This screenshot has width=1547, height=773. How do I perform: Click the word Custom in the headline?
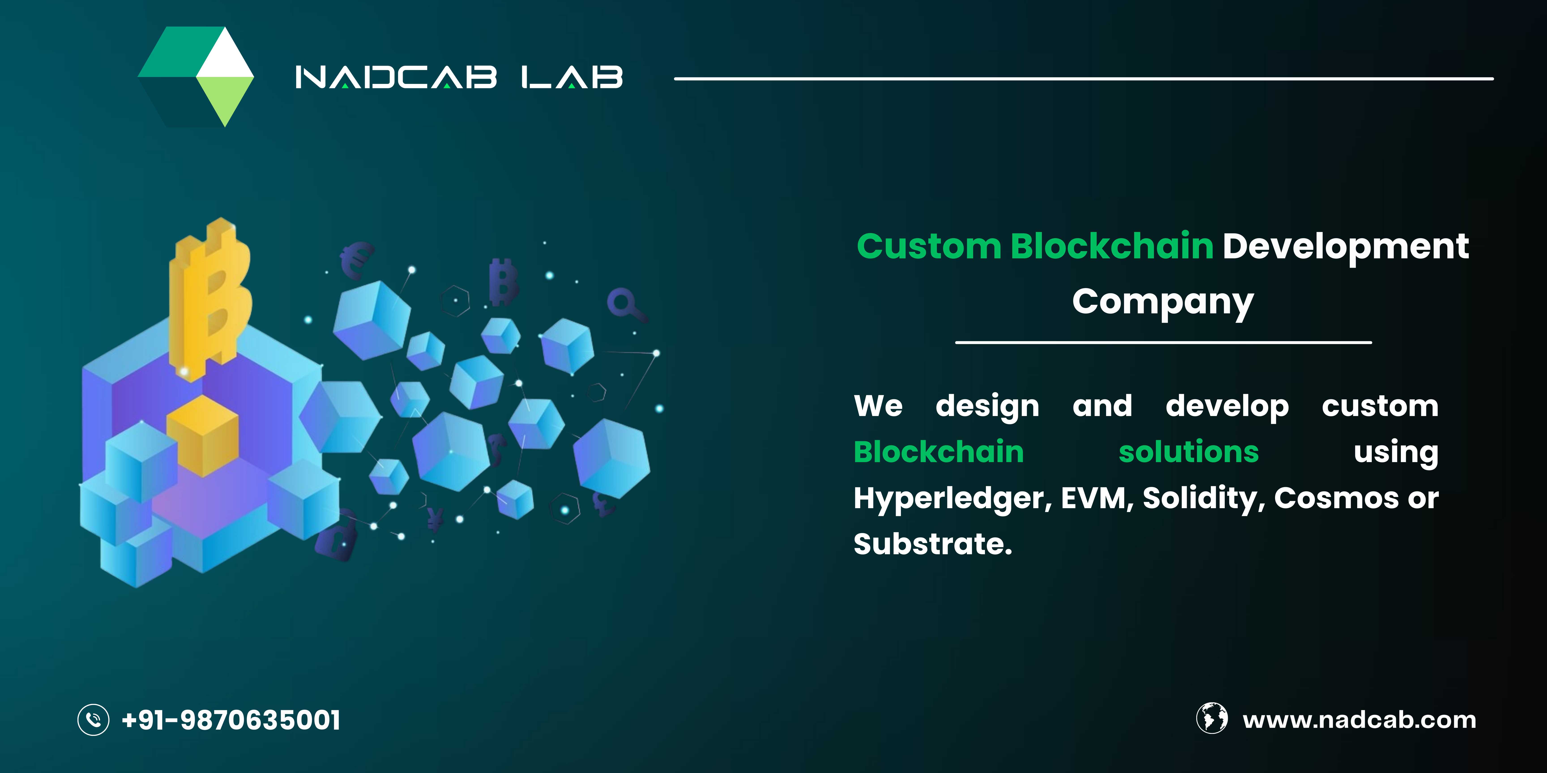pos(929,247)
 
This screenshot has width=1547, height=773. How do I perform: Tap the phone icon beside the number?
pos(94,720)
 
